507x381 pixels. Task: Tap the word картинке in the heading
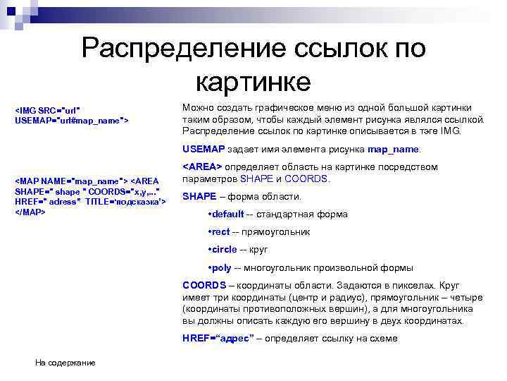pos(253,81)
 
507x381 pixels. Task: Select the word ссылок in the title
pos(325,49)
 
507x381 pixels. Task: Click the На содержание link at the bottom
pos(65,363)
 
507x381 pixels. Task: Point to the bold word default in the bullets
pos(228,214)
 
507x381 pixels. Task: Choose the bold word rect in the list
pos(221,231)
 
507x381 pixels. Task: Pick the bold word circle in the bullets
pos(225,250)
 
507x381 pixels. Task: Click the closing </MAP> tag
pos(30,212)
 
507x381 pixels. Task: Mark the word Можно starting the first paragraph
pos(198,108)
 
